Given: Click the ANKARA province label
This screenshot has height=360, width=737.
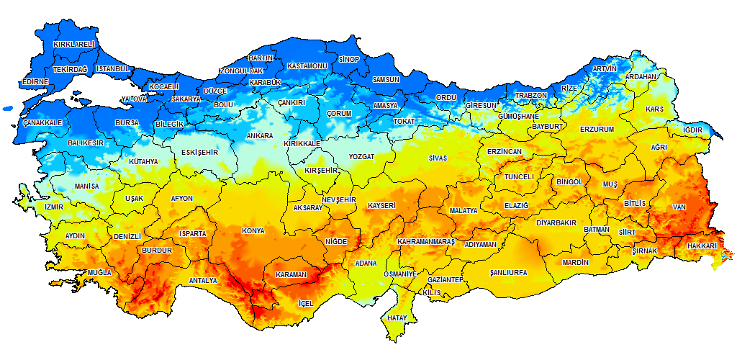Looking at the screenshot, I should (x=259, y=136).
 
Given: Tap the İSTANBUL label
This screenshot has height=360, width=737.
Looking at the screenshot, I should (x=112, y=69).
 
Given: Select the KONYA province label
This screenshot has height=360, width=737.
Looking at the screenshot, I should (x=253, y=231).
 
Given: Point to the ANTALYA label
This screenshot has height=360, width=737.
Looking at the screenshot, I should (x=202, y=281).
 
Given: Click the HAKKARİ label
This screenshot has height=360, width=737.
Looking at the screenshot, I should (x=702, y=246).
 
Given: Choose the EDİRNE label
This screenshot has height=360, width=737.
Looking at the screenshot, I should (x=35, y=82).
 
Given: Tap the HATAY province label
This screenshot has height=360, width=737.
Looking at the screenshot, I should (x=397, y=318).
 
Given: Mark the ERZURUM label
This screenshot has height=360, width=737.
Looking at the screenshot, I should (x=597, y=130).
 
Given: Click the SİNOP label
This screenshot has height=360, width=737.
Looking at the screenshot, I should (x=349, y=59).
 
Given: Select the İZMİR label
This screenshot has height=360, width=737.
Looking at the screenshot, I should (x=54, y=207).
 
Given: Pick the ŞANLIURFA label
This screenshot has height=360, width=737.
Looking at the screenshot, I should (x=508, y=274).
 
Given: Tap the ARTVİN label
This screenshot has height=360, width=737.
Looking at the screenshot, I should (x=605, y=69).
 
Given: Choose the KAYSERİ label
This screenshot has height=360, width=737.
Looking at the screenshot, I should (x=381, y=206).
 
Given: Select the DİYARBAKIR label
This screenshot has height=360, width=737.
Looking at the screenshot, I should (x=557, y=222).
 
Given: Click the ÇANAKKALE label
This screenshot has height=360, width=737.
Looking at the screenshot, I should (x=42, y=123).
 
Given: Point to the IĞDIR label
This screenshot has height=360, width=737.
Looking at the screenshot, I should (x=692, y=130).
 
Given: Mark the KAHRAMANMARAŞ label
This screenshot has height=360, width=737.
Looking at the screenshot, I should (x=426, y=242).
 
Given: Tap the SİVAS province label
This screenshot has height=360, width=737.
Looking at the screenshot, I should (x=438, y=158).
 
